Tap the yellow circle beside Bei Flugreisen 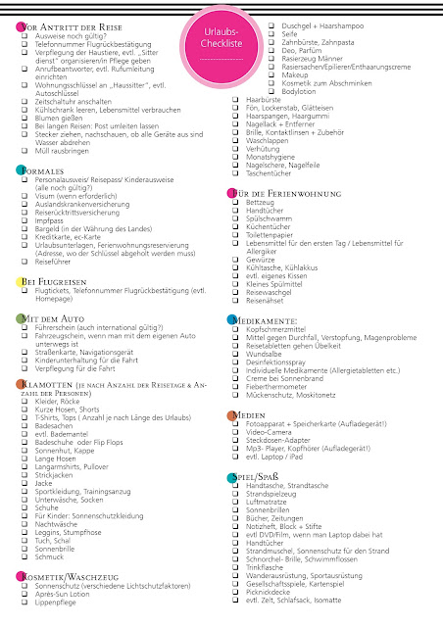click(x=20, y=282)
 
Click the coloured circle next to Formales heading click(x=20, y=171)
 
